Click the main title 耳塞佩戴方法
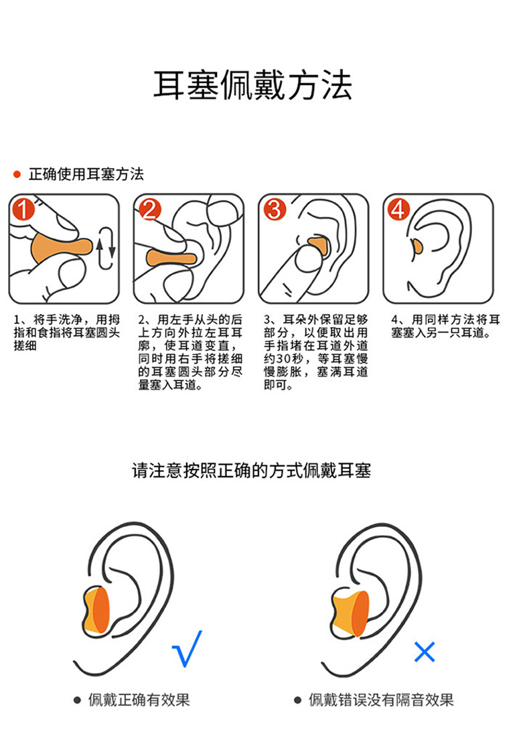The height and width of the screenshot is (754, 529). (252, 86)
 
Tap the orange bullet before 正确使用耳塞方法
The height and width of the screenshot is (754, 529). (17, 175)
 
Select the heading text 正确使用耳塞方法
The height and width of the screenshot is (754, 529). (86, 175)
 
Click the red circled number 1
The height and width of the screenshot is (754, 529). (23, 210)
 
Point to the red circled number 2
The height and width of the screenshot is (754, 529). (149, 210)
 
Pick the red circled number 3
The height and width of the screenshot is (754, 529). (274, 210)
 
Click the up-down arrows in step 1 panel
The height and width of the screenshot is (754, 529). (105, 248)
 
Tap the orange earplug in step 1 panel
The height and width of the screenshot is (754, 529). (57, 249)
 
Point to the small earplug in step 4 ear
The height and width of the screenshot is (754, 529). (417, 246)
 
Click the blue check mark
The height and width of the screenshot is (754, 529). (187, 648)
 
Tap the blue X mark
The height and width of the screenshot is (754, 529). (425, 651)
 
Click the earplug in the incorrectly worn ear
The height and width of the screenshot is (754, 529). (348, 613)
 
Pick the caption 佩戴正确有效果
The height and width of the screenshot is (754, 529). (139, 700)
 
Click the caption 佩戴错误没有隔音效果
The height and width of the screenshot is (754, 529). (380, 700)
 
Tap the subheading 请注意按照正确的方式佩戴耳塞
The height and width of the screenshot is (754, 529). (251, 470)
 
